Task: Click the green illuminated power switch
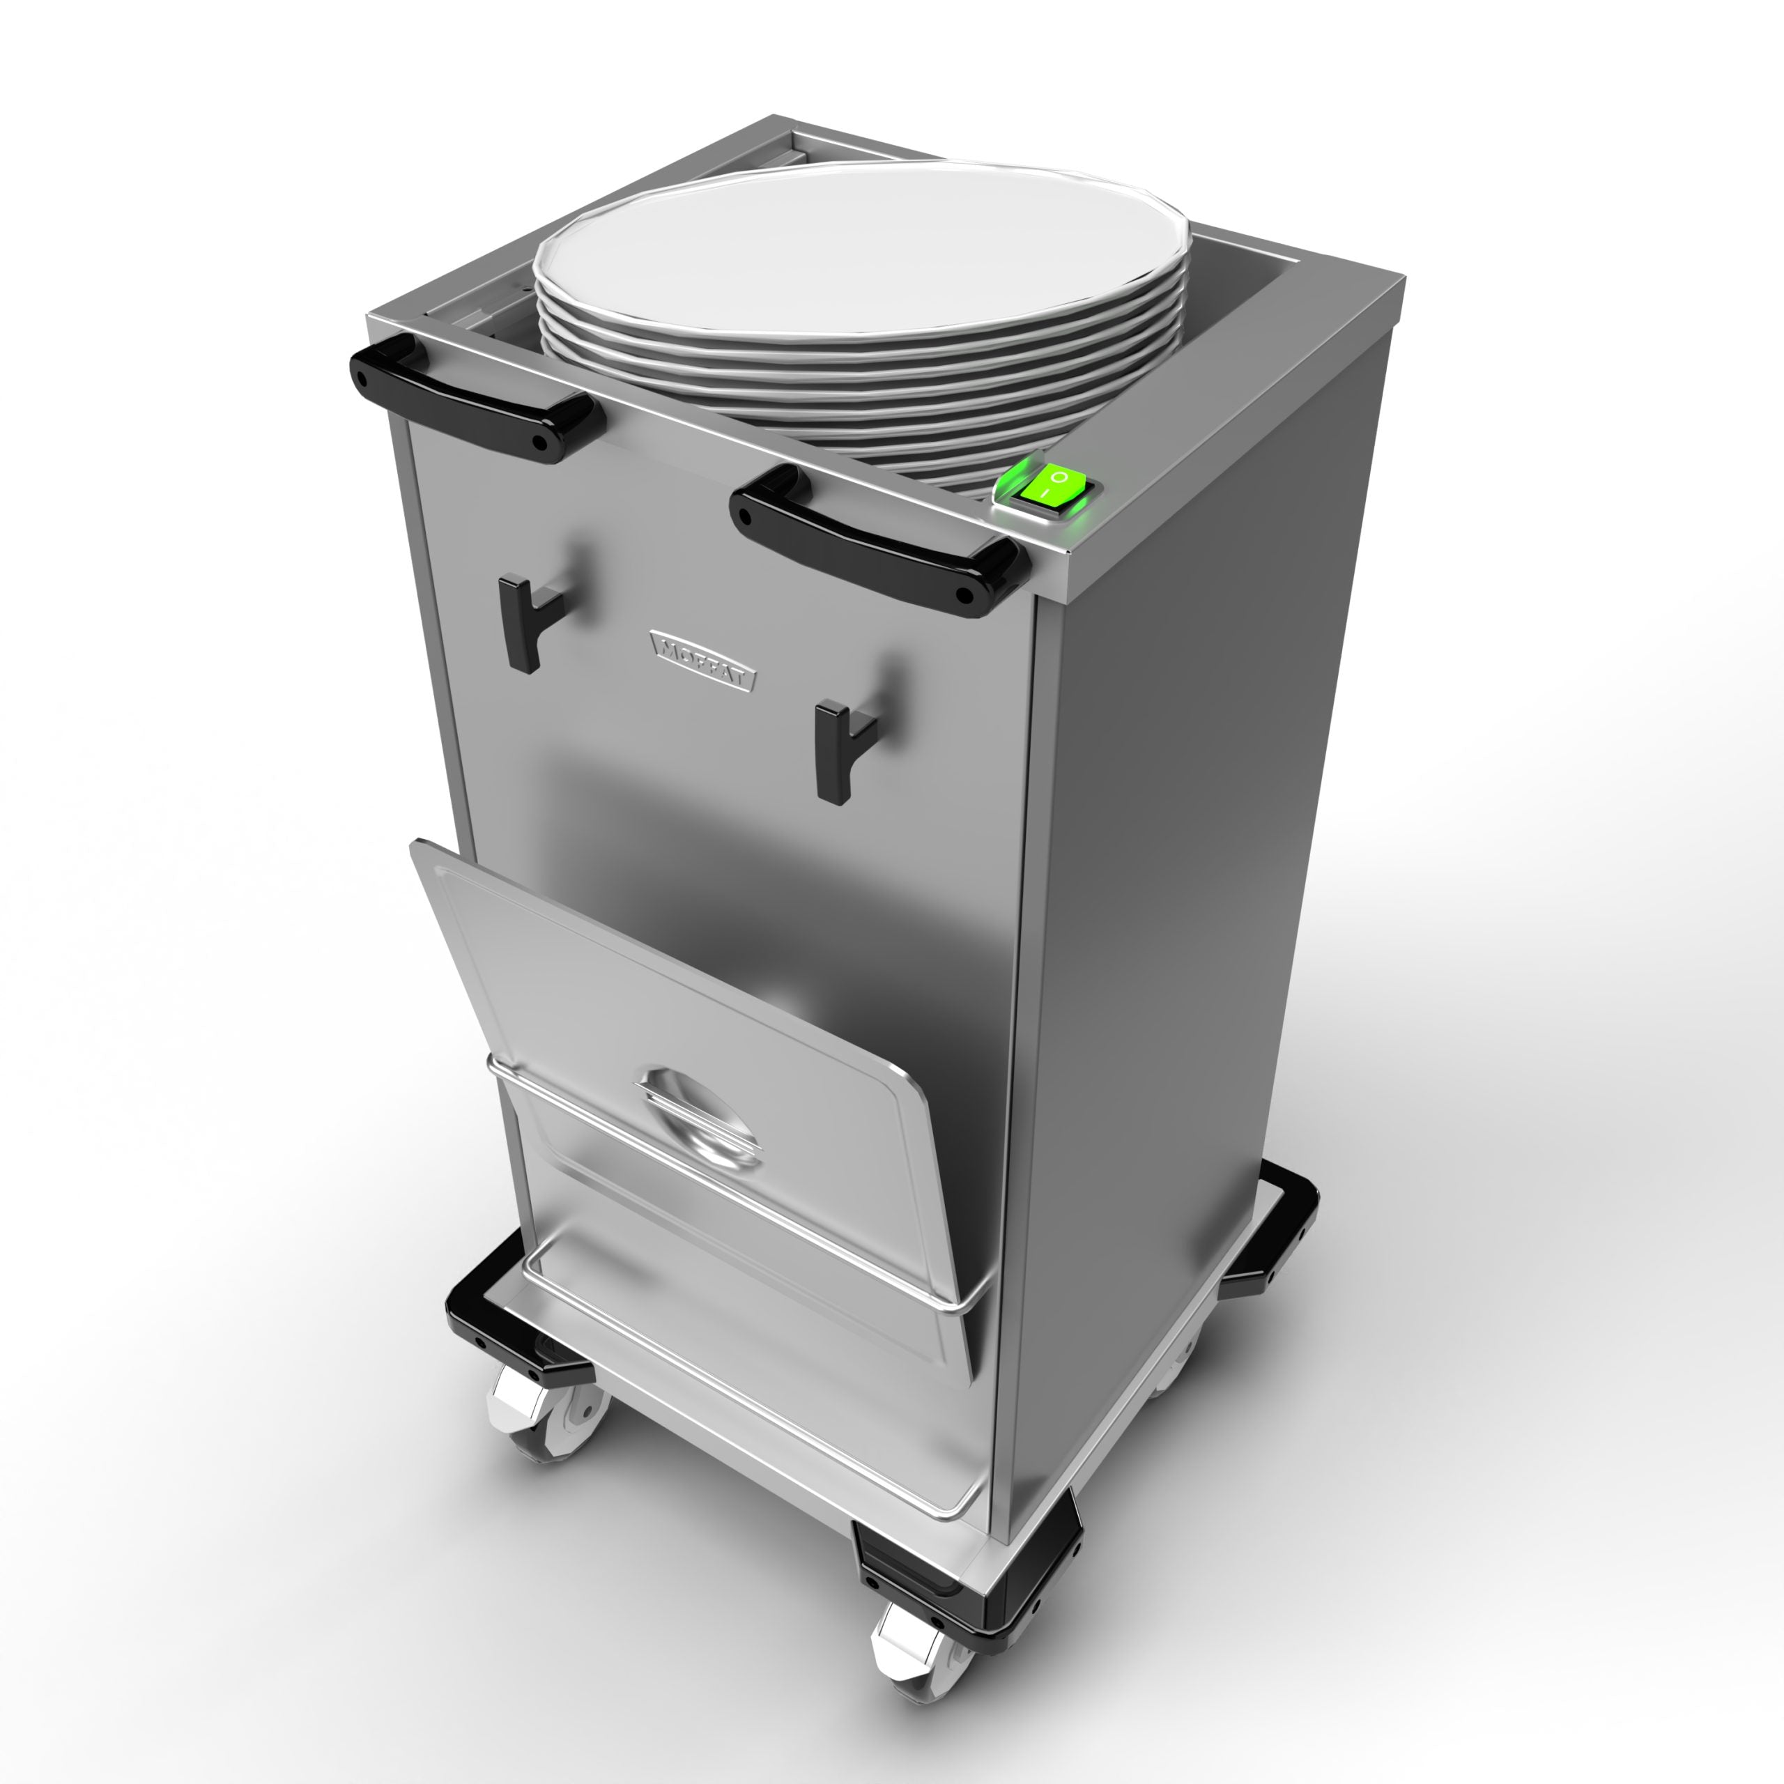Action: click(1054, 486)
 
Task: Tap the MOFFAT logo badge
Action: click(702, 659)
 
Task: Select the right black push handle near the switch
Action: click(877, 539)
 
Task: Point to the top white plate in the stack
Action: click(859, 249)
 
